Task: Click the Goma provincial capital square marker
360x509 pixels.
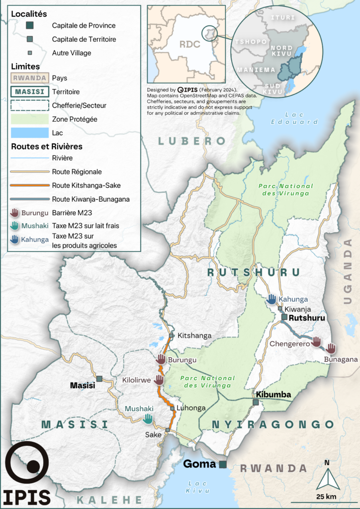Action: (x=223, y=464)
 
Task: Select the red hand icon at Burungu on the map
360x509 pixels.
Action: (x=161, y=359)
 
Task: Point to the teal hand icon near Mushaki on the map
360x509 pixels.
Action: (x=147, y=419)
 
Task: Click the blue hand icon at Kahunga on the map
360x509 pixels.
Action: (x=271, y=299)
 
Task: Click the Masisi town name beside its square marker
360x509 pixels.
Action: (x=83, y=385)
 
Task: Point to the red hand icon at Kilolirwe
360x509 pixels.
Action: (x=159, y=380)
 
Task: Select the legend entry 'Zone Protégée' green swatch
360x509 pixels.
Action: (x=29, y=119)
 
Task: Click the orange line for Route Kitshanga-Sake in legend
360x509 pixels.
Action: (x=29, y=185)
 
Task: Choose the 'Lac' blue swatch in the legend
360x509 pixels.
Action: (x=29, y=133)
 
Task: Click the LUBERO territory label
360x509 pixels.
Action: (x=192, y=141)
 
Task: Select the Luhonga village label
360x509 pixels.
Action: (x=191, y=408)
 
